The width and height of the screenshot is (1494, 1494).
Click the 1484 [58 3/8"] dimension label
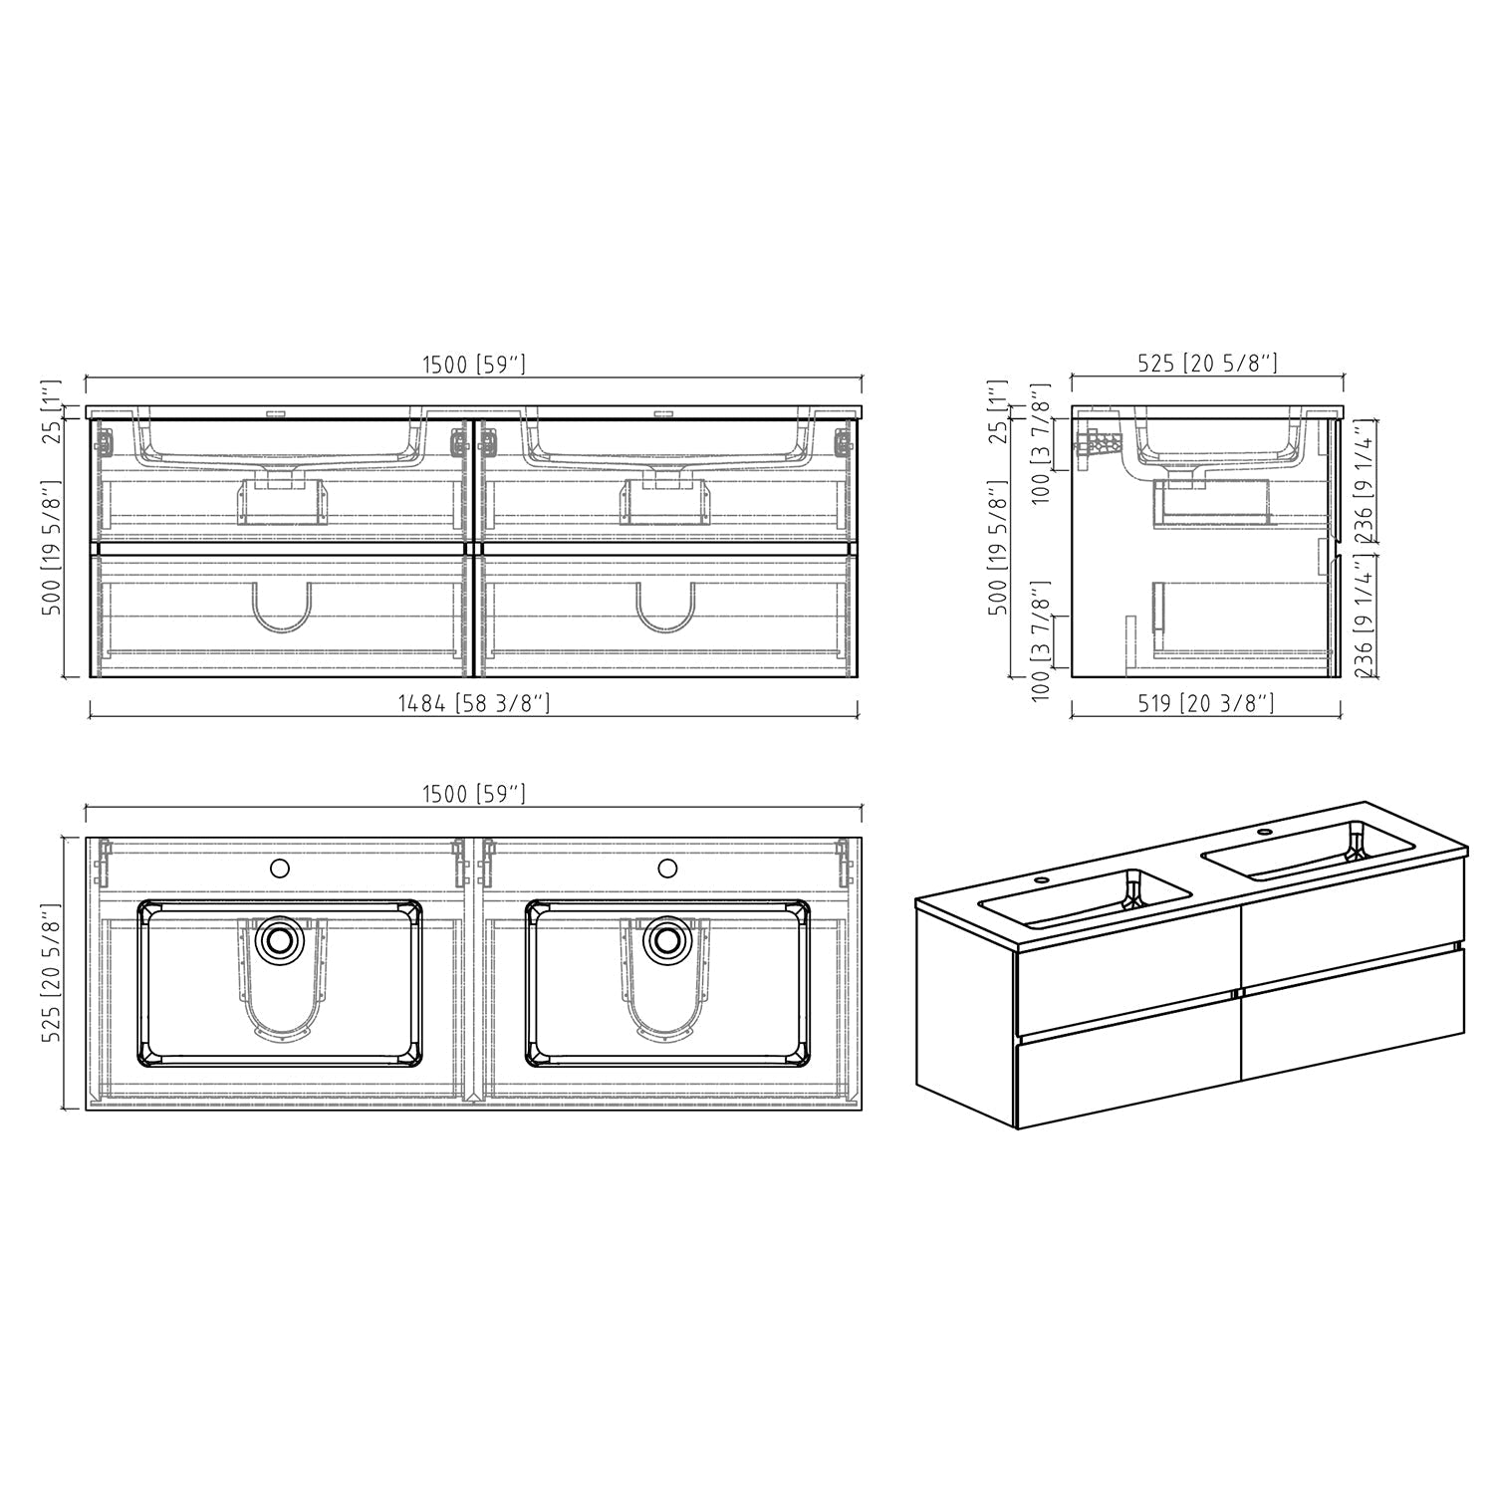point(473,704)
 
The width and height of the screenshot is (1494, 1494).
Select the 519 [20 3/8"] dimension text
point(1205,704)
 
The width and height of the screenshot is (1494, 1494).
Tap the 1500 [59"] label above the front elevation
point(473,365)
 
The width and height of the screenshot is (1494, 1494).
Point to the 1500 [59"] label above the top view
point(473,794)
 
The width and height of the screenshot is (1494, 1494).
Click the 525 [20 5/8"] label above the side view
point(1207,364)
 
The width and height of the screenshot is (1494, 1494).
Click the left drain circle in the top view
point(279,938)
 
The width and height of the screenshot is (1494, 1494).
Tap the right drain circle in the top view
point(666,938)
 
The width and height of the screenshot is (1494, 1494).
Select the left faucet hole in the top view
point(280,868)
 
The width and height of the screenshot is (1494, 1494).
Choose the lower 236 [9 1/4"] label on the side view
point(1364,617)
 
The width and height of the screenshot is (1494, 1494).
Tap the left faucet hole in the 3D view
point(1042,880)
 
